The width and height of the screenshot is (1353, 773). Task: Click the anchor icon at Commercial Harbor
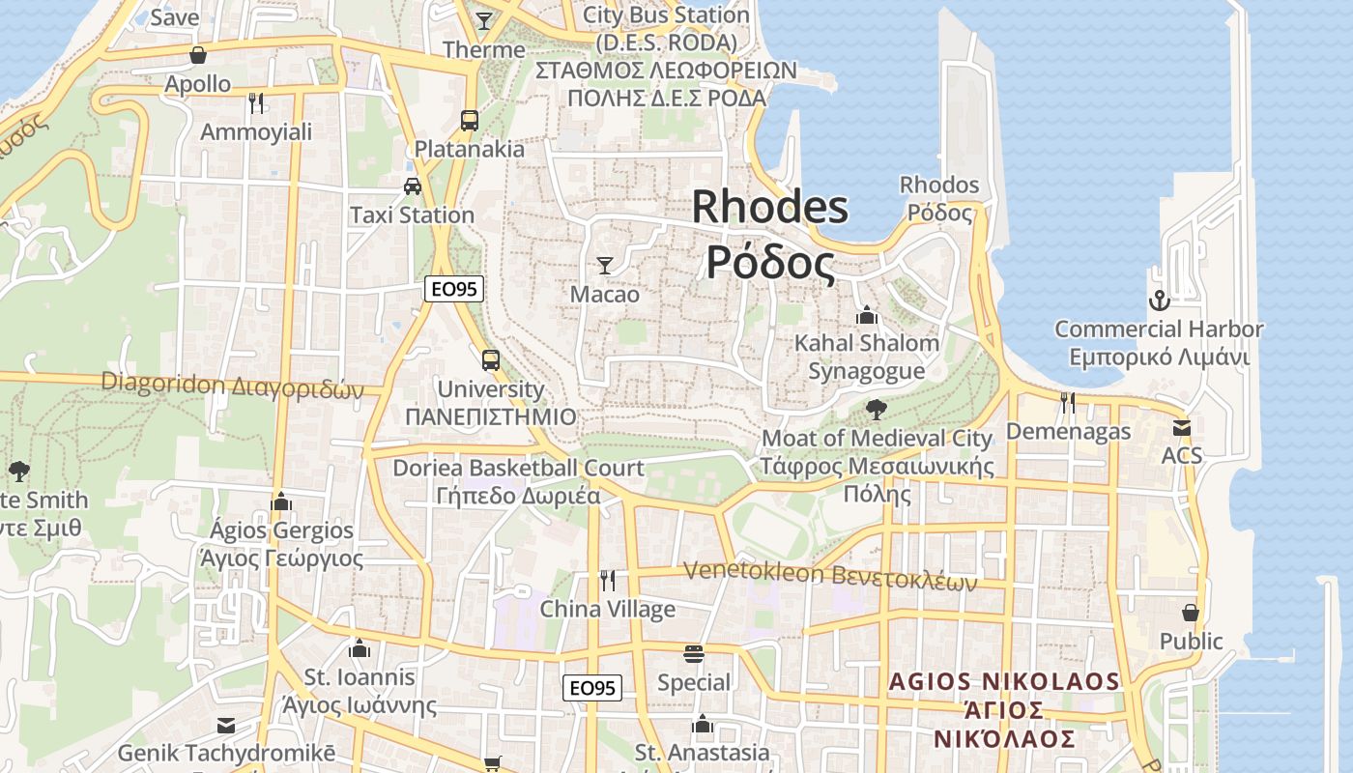click(x=1158, y=301)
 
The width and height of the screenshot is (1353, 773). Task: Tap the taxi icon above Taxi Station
click(x=413, y=186)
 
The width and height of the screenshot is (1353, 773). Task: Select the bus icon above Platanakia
click(x=470, y=120)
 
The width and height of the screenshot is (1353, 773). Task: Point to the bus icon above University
click(x=491, y=360)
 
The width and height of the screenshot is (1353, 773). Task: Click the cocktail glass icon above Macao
click(x=605, y=265)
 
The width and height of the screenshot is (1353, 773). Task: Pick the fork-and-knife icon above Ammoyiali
click(x=256, y=102)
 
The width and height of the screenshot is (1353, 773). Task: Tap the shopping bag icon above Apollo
click(x=198, y=55)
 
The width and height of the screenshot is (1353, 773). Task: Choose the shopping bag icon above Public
click(x=1191, y=613)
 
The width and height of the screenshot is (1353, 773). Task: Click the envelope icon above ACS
click(x=1181, y=427)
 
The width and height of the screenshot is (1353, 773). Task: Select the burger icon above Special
click(x=693, y=654)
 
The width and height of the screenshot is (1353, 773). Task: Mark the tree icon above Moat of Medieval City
click(x=877, y=410)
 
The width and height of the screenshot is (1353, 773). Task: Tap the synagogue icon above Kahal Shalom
click(x=867, y=315)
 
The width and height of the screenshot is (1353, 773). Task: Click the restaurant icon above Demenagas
click(x=1068, y=402)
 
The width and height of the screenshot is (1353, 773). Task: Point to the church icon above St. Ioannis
click(x=360, y=648)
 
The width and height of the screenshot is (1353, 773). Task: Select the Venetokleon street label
click(x=830, y=575)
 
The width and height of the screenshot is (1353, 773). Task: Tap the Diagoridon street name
click(x=232, y=385)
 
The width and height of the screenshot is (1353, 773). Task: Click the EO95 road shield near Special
click(x=592, y=688)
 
